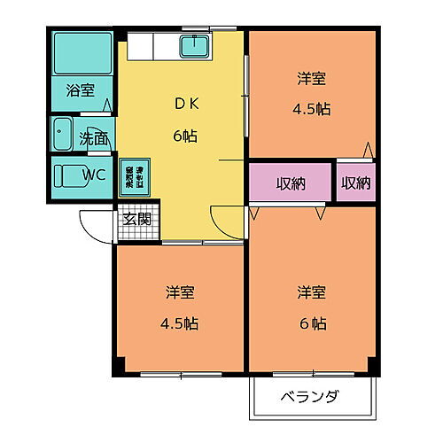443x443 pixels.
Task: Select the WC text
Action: (x=95, y=175)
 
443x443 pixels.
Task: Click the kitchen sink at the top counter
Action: (x=194, y=44)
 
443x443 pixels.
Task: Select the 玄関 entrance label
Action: (x=136, y=219)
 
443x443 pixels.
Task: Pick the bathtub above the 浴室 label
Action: (x=81, y=54)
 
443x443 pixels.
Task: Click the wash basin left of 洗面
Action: (x=63, y=136)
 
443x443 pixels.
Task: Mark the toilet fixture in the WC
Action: (x=67, y=174)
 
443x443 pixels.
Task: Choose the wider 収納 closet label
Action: (x=290, y=183)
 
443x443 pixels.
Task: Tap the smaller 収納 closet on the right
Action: (x=356, y=183)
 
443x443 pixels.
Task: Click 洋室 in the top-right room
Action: (x=311, y=79)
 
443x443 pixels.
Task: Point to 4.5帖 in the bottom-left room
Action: (x=180, y=323)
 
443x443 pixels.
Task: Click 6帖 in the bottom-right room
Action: (x=311, y=323)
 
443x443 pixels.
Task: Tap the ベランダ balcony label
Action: (x=310, y=396)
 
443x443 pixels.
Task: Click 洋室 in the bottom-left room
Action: (x=180, y=291)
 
